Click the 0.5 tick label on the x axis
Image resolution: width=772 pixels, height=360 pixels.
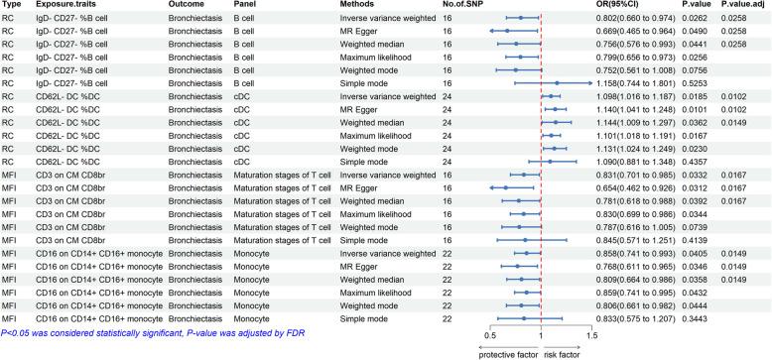(489, 335)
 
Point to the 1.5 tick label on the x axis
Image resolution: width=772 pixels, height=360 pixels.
(591, 335)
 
